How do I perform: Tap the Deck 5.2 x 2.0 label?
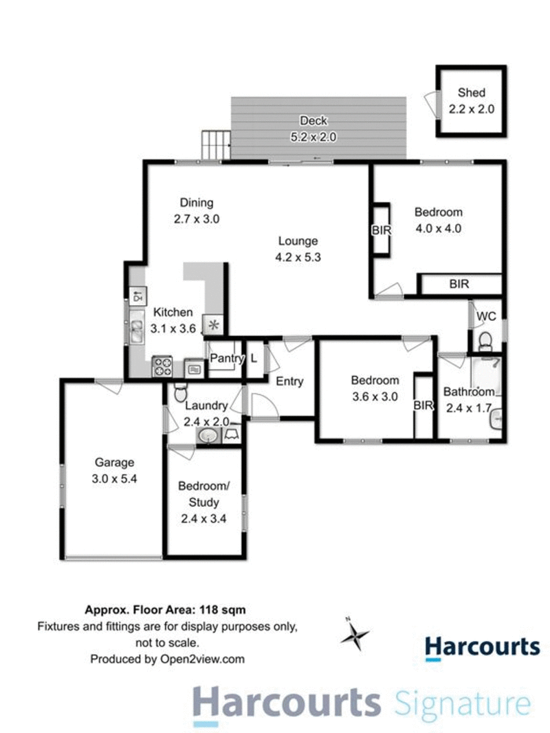pyautogui.click(x=313, y=128)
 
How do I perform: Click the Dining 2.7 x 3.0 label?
pyautogui.click(x=197, y=211)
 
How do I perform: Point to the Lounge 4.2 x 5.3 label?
pyautogui.click(x=298, y=249)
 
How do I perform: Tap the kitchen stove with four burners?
pyautogui.click(x=162, y=366)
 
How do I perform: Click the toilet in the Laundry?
pyautogui.click(x=180, y=392)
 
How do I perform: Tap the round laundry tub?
pyautogui.click(x=207, y=435)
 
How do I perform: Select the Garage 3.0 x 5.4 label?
pyautogui.click(x=115, y=471)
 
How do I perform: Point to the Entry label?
pyautogui.click(x=289, y=382)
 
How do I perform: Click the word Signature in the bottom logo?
pyautogui.click(x=463, y=706)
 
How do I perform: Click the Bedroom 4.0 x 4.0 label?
pyautogui.click(x=438, y=220)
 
